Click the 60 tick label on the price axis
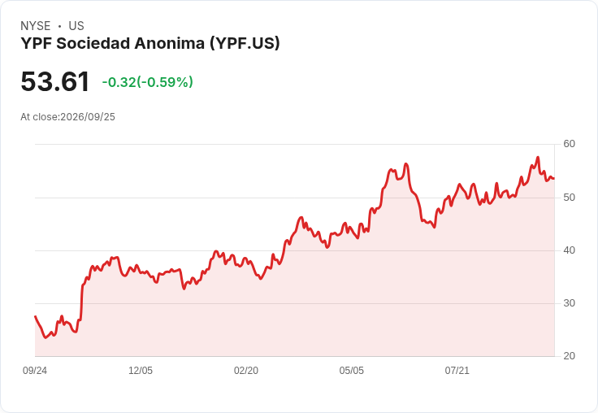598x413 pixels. coord(569,144)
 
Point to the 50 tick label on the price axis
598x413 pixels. coord(569,198)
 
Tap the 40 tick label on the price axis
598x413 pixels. coord(569,250)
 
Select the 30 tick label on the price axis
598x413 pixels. coord(569,303)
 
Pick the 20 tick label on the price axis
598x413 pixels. coord(569,356)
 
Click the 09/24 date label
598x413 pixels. coord(35,371)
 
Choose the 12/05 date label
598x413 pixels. coord(141,371)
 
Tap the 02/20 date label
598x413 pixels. coord(246,371)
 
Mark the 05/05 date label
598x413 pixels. coord(351,371)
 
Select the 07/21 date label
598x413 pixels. coord(457,371)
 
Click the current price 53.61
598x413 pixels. coord(55,81)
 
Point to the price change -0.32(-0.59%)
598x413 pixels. coord(147,82)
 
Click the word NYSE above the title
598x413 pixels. coord(36,26)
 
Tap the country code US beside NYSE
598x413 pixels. coord(76,26)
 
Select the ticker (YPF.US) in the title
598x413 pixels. coord(245,44)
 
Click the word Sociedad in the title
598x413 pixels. coord(93,44)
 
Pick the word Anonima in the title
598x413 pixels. coord(169,44)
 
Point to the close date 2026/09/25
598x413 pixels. coord(88,117)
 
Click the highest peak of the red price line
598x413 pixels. coord(538,157)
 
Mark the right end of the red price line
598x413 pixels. coord(554,178)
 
